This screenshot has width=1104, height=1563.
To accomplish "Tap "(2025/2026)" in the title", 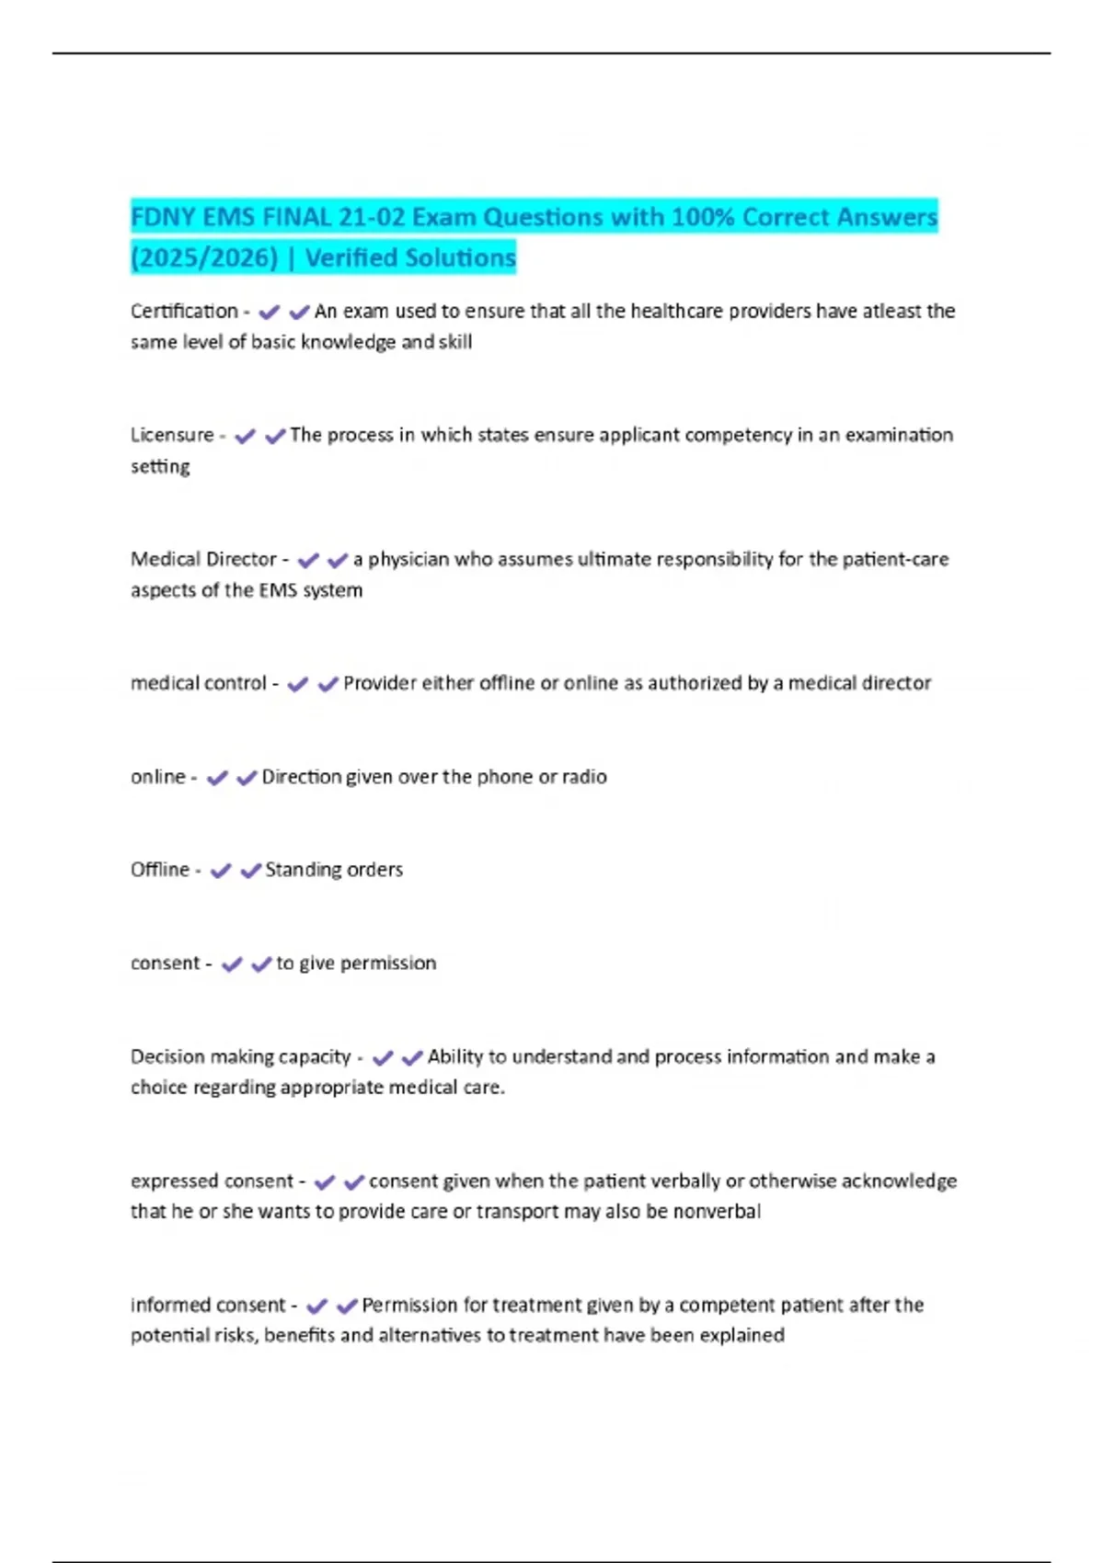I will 204,257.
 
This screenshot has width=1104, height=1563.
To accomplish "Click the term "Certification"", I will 184,311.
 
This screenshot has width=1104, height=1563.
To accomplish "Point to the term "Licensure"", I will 172,435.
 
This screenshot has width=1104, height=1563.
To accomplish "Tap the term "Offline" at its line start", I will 159,870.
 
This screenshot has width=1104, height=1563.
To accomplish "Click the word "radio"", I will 584,777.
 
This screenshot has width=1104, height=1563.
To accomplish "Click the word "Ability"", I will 454,1056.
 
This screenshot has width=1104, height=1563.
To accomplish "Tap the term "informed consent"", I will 208,1305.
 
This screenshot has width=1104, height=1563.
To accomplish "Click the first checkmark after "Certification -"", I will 269,313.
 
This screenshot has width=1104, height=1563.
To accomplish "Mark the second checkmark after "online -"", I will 247,779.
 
